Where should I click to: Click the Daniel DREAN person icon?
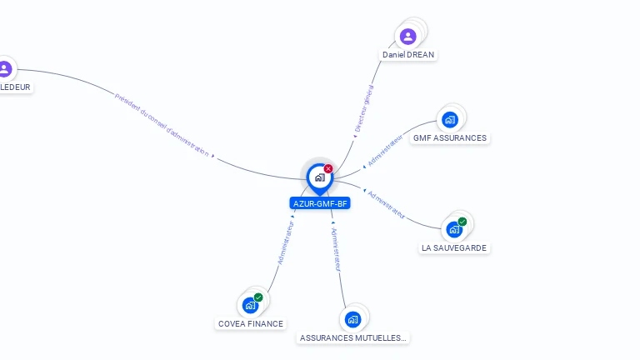pyautogui.click(x=407, y=36)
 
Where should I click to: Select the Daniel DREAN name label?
pyautogui.click(x=408, y=55)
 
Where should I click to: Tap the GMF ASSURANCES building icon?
pyautogui.click(x=450, y=119)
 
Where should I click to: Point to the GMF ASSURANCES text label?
pyautogui.click(x=450, y=138)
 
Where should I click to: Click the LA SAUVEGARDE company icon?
pyautogui.click(x=454, y=229)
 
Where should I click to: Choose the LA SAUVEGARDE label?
pyautogui.click(x=454, y=248)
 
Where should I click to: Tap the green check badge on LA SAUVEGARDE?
pyautogui.click(x=462, y=222)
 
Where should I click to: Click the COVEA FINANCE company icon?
pyautogui.click(x=250, y=305)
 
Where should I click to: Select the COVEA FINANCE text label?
pyautogui.click(x=250, y=324)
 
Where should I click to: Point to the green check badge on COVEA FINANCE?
pyautogui.click(x=258, y=297)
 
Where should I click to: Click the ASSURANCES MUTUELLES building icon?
pyautogui.click(x=352, y=319)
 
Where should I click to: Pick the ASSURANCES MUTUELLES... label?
pyautogui.click(x=353, y=338)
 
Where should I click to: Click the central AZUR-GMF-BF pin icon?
pyautogui.click(x=319, y=177)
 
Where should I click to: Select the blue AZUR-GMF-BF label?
pyautogui.click(x=319, y=203)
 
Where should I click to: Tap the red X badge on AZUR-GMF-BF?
pyautogui.click(x=328, y=168)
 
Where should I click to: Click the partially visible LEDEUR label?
pyautogui.click(x=16, y=87)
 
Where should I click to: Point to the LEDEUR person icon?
pyautogui.click(x=5, y=68)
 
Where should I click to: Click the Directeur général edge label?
pyautogui.click(x=363, y=108)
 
